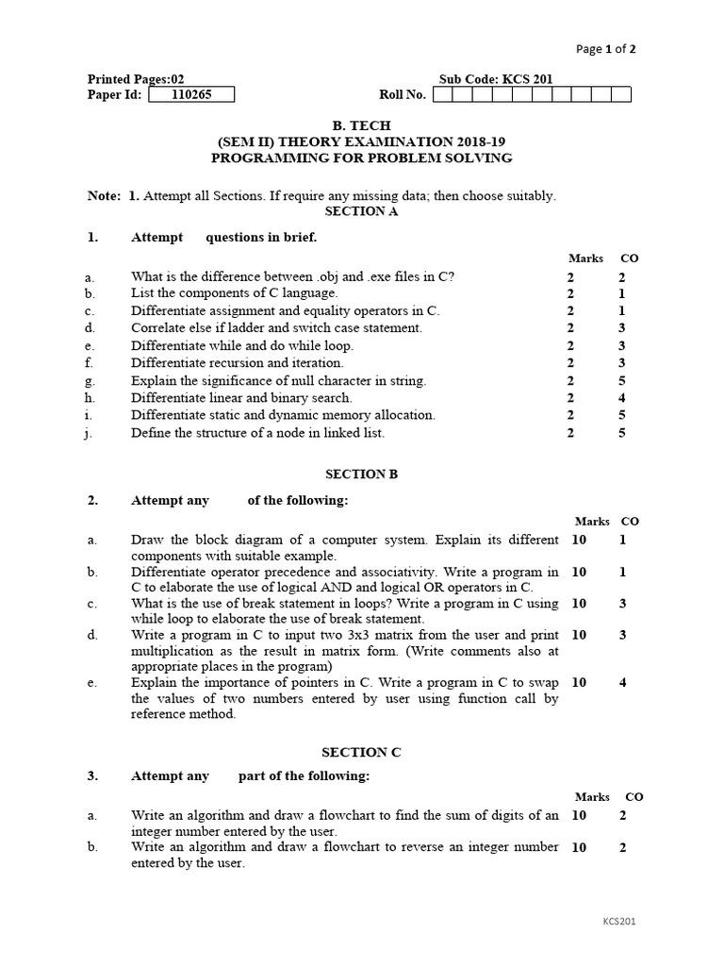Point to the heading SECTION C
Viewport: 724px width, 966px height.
tap(361, 752)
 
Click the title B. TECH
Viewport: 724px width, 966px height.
tap(361, 125)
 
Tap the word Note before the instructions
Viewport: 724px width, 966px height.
tap(104, 196)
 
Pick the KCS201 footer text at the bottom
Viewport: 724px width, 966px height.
tap(619, 921)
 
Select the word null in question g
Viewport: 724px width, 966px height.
tap(293, 381)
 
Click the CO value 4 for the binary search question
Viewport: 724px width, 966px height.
tap(622, 398)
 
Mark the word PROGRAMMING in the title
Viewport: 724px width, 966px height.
tap(260, 158)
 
